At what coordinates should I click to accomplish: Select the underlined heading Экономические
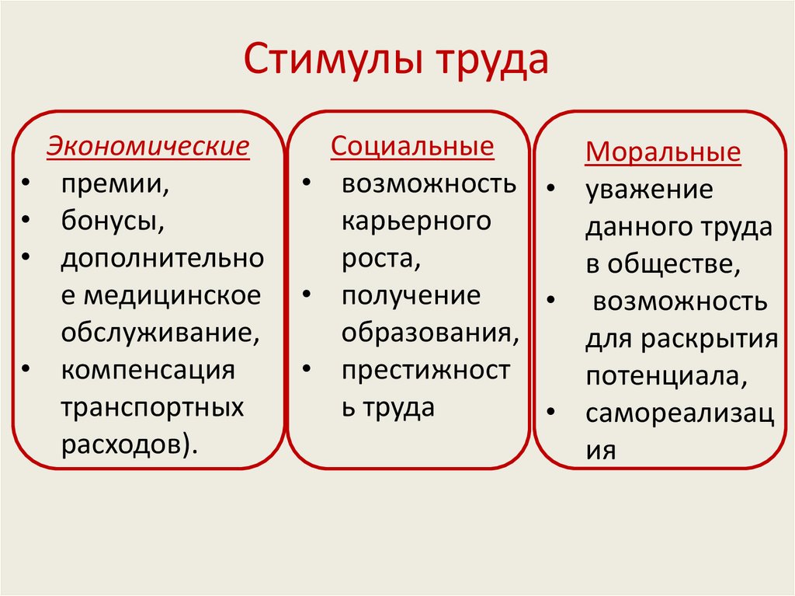pyautogui.click(x=148, y=146)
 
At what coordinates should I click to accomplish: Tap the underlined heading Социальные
pyautogui.click(x=412, y=146)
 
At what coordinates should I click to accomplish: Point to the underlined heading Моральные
pyautogui.click(x=663, y=152)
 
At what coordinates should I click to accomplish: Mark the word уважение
pyautogui.click(x=649, y=190)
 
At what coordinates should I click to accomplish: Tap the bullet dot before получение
pyautogui.click(x=306, y=296)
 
